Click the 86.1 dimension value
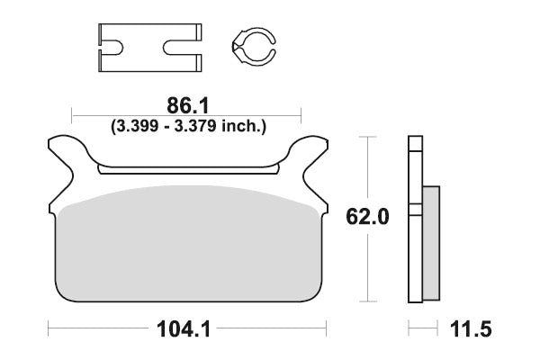pyautogui.click(x=188, y=106)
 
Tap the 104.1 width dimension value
pyautogui.click(x=184, y=329)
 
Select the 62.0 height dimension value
pyautogui.click(x=367, y=217)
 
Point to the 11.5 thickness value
pyautogui.click(x=471, y=329)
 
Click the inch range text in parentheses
pyautogui.click(x=188, y=126)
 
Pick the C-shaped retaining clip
pyautogui.click(x=254, y=47)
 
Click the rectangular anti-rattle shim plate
pyautogui.click(x=149, y=48)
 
